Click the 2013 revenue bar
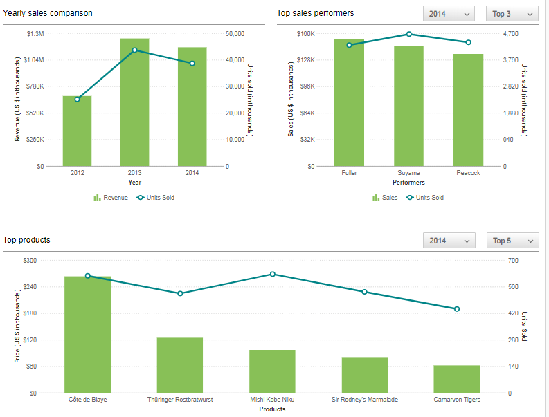point(134,102)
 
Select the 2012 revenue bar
point(77,131)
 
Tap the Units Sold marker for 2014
point(192,64)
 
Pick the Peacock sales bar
point(468,110)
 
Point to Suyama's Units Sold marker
point(409,34)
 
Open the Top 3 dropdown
point(512,14)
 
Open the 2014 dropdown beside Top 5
point(449,241)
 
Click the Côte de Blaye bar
point(88,335)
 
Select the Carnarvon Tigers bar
point(457,379)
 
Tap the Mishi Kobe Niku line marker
point(273,275)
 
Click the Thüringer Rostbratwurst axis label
point(180,400)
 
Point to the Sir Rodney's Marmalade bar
point(364,375)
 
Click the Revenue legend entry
point(111,198)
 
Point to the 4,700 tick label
point(510,34)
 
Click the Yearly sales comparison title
point(47,13)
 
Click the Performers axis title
point(408,183)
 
